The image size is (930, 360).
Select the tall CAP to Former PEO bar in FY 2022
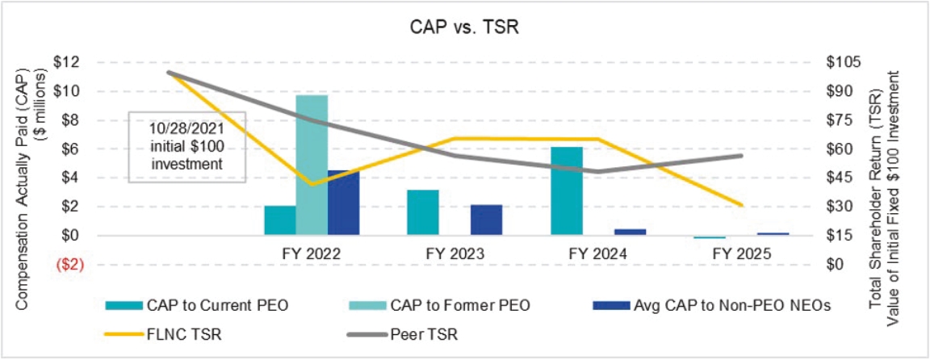312,165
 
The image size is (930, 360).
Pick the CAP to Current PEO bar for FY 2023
423,212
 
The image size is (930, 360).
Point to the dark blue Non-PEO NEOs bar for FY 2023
486,220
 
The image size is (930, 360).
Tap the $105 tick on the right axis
844,62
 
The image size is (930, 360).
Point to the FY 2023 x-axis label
455,253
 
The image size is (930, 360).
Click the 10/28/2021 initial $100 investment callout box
186,145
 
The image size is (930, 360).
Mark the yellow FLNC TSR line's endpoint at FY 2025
741,205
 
